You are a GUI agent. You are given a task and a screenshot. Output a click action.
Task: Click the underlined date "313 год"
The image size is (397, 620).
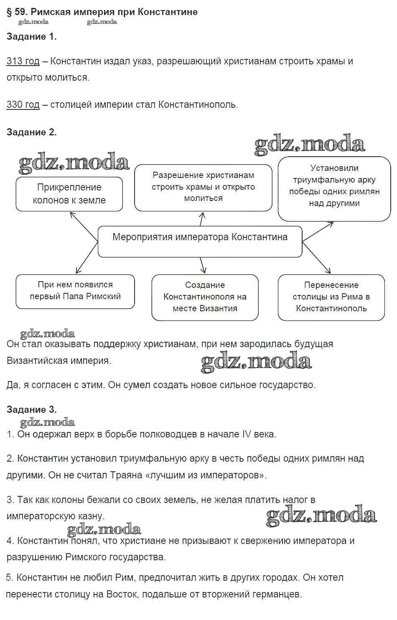(23, 61)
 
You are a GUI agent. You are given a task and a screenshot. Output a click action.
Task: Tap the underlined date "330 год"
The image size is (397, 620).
(23, 104)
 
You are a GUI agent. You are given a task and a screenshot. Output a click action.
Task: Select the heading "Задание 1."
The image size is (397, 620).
(31, 37)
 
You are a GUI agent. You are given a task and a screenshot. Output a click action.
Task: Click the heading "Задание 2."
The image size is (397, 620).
(31, 132)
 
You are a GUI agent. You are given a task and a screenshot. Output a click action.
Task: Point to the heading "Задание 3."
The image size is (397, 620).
(31, 409)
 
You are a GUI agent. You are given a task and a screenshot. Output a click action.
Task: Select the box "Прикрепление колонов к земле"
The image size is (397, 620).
(69, 194)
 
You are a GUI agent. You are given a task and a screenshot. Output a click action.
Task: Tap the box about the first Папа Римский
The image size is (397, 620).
(75, 291)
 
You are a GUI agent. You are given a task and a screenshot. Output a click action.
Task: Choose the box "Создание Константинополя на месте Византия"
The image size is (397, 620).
(205, 297)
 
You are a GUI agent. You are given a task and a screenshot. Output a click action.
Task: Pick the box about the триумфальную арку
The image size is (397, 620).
(334, 188)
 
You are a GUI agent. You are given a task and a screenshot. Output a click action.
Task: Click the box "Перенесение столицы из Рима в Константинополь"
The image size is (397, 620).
(331, 297)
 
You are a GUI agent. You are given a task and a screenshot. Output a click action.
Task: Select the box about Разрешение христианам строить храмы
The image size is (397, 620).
(203, 187)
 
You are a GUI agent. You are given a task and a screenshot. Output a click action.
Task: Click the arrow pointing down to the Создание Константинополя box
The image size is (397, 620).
(203, 265)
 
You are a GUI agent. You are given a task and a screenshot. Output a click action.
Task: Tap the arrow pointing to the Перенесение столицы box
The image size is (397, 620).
(317, 258)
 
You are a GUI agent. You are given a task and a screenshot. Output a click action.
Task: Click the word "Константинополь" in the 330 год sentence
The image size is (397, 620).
(197, 104)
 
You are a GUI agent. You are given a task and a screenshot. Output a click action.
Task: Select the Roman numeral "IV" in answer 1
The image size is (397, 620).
(247, 434)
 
